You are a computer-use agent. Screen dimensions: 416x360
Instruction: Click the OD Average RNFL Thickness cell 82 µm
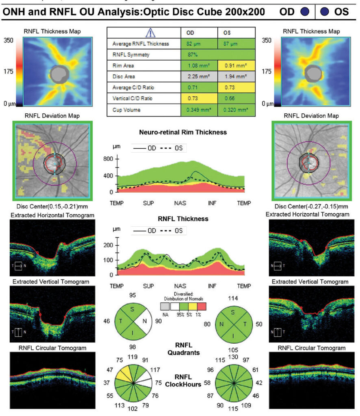point(199,43)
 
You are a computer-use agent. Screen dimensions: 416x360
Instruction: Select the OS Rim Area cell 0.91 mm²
point(236,65)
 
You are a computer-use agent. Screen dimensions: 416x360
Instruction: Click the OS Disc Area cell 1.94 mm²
point(236,77)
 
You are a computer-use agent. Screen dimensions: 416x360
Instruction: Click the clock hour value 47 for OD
point(108,370)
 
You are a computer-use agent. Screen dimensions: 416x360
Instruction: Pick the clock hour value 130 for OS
point(234,357)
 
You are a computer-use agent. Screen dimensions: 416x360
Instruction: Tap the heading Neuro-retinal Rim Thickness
point(182,132)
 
